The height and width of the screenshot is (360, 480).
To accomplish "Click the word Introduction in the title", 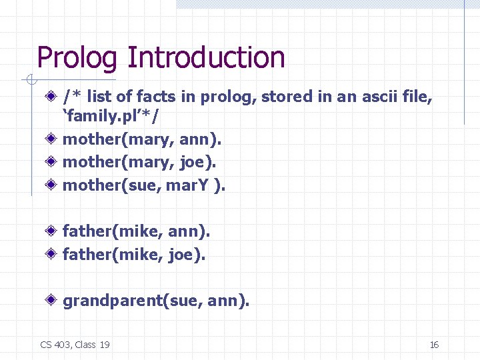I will [x=206, y=58].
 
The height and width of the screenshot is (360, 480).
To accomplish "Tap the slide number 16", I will [x=434, y=345].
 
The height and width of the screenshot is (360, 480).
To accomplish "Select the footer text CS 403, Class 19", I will [x=75, y=345].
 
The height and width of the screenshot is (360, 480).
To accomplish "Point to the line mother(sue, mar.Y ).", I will [x=144, y=185].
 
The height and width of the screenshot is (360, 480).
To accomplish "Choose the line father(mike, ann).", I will [x=137, y=231].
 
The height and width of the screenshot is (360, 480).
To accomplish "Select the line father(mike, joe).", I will [x=134, y=253].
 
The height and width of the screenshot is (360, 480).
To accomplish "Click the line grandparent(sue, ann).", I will [x=156, y=301].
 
